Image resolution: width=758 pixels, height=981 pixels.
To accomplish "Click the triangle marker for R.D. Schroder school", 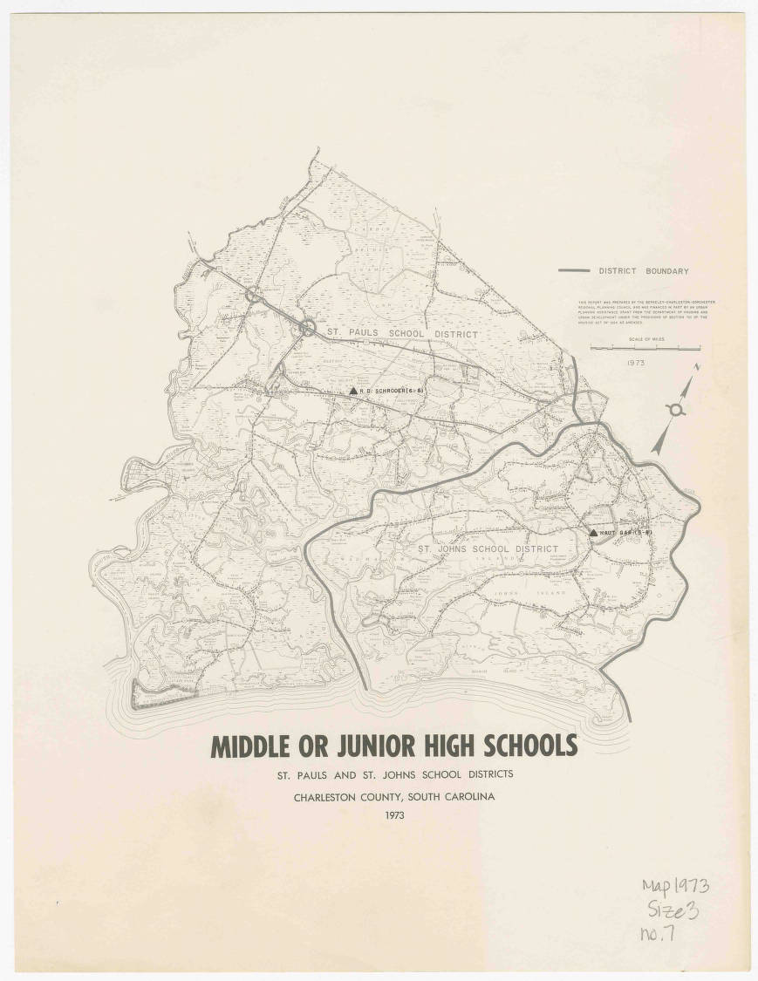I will [x=352, y=392].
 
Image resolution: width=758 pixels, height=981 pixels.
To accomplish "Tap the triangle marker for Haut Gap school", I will [x=593, y=532].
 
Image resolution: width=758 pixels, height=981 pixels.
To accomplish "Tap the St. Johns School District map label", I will [x=487, y=549].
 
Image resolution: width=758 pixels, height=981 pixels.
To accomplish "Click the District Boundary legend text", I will [x=643, y=271].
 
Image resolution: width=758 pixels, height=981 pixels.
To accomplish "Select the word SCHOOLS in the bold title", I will [x=523, y=746].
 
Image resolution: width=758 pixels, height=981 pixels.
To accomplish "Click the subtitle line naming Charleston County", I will [x=393, y=796].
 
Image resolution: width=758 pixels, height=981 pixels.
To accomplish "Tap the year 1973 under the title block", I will [x=393, y=816].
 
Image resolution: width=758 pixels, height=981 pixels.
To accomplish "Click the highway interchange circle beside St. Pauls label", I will [x=308, y=327].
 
